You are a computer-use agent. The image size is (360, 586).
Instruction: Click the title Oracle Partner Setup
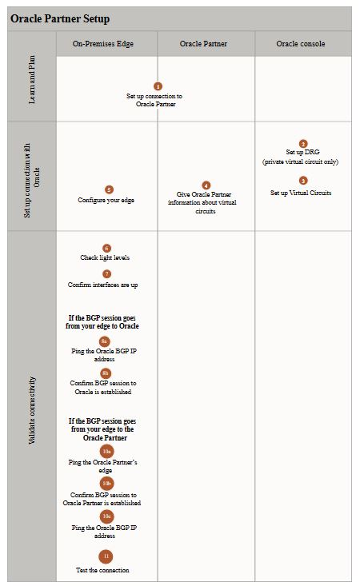[x=60, y=18]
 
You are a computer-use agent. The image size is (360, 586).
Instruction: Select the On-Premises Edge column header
[x=103, y=44]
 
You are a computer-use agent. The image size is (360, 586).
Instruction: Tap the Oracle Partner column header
[x=203, y=44]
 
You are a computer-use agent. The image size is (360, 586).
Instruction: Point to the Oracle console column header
[x=301, y=44]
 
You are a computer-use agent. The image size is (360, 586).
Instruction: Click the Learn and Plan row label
[x=32, y=80]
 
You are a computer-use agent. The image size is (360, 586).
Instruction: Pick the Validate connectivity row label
[x=32, y=410]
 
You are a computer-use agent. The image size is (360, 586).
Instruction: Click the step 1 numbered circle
[x=158, y=86]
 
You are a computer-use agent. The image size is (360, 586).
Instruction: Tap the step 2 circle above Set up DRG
[x=303, y=144]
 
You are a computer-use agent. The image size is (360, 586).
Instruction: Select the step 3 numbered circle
[x=303, y=181]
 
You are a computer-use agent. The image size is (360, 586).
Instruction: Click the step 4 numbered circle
[x=206, y=185]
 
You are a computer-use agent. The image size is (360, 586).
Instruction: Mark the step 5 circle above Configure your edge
[x=109, y=189]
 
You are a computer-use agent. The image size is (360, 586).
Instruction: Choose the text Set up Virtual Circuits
[x=301, y=193]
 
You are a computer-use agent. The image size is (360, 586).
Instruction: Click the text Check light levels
[x=105, y=257]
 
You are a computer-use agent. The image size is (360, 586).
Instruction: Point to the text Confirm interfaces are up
[x=103, y=285]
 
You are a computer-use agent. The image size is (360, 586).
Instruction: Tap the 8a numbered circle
[x=105, y=341]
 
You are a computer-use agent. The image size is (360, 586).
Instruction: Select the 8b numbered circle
[x=106, y=373]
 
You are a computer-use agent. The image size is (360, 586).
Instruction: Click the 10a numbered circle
[x=107, y=452]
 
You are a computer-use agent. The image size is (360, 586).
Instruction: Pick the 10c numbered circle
[x=107, y=516]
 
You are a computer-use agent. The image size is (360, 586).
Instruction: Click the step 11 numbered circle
[x=106, y=556]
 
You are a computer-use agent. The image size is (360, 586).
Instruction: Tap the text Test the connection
[x=103, y=570]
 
